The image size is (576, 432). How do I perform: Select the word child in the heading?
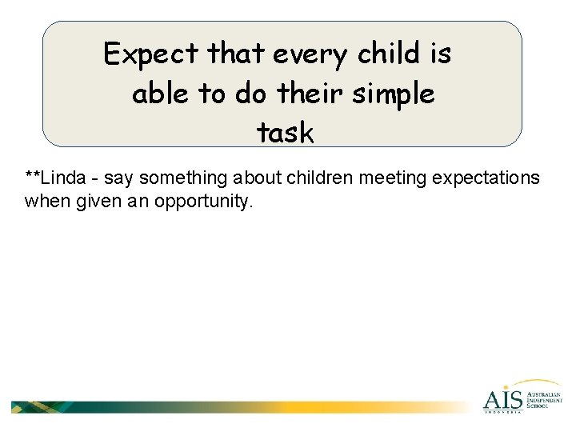tap(390, 55)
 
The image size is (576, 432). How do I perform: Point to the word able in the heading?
tap(161, 94)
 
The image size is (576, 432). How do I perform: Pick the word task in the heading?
tap(286, 133)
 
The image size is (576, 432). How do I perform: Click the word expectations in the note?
tap(486, 178)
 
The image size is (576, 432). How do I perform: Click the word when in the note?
tap(43, 201)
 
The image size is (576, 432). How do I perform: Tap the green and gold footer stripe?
tap(240, 406)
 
